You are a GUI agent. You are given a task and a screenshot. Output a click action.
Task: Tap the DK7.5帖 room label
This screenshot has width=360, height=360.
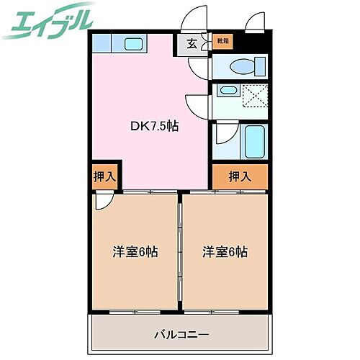click(155, 126)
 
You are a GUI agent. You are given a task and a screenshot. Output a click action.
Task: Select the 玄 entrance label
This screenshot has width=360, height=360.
click(192, 44)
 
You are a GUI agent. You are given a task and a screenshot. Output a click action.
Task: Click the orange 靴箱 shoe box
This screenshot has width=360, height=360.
click(224, 41)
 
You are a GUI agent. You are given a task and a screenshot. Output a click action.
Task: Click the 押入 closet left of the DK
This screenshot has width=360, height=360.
click(104, 177)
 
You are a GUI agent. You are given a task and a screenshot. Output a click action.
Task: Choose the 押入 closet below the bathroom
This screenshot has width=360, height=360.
click(239, 176)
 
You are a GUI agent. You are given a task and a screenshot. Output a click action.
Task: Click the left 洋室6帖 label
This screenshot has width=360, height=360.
click(135, 252)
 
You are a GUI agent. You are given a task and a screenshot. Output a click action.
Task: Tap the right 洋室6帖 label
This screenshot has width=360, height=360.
click(225, 252)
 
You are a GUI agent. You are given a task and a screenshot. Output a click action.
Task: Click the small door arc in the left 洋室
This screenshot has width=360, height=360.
click(101, 202)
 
